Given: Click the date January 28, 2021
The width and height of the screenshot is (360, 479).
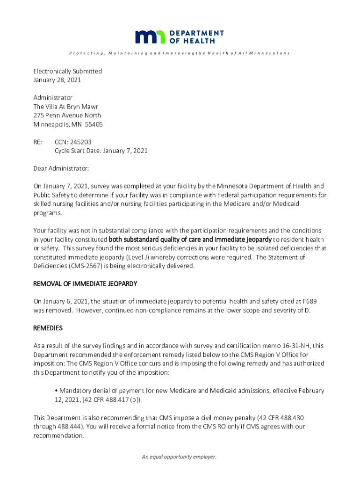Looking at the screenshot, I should coord(57,80).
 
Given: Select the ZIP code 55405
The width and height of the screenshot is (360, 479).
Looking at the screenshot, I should coord(94,124).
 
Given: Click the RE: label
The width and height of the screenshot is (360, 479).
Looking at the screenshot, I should coord(38,142).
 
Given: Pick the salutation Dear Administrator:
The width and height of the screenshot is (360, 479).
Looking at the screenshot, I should coord(61,168).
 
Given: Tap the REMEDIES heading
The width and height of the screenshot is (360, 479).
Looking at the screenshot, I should coord(48,328).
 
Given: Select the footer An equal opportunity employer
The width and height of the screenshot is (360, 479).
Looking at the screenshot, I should coord(180,457).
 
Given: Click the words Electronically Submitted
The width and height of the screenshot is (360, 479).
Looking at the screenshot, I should coord(67,71).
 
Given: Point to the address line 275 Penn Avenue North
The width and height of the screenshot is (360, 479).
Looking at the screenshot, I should coord(67,116).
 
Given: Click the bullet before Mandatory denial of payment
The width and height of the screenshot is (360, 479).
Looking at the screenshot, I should coord(56,391).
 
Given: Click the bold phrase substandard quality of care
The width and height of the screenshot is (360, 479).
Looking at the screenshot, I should coord(157,239).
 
